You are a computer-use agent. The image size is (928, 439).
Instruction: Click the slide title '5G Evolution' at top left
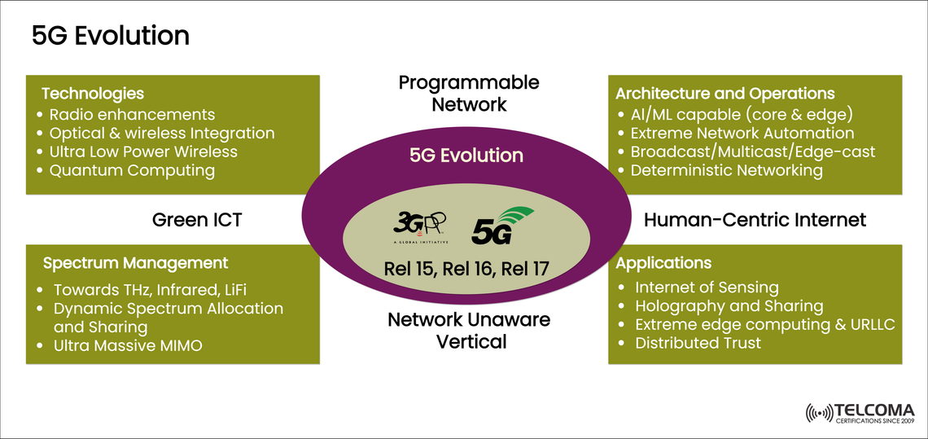click(x=110, y=36)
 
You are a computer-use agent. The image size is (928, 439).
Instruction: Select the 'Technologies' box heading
click(x=93, y=94)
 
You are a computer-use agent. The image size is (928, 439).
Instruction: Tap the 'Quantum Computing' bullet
click(x=132, y=170)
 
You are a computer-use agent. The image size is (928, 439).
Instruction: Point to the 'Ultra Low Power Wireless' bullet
click(x=143, y=151)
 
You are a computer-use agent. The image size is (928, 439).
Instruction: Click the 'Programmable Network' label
click(x=469, y=93)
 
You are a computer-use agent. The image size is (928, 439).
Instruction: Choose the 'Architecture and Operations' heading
click(x=724, y=94)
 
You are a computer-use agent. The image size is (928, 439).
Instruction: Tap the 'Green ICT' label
click(x=197, y=220)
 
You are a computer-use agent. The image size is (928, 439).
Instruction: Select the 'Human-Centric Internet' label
click(x=755, y=220)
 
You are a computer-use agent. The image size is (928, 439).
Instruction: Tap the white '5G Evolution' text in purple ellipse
click(x=466, y=156)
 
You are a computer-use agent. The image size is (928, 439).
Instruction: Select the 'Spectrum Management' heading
click(x=135, y=263)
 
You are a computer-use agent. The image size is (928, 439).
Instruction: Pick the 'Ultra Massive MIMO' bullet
click(x=128, y=345)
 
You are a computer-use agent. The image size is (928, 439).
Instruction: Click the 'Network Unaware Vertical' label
click(x=469, y=330)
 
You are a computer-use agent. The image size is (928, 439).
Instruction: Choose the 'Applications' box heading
click(x=663, y=263)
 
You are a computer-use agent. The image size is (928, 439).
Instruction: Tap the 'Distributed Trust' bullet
click(x=698, y=343)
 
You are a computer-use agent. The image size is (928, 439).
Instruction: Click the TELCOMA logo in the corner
click(x=859, y=413)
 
